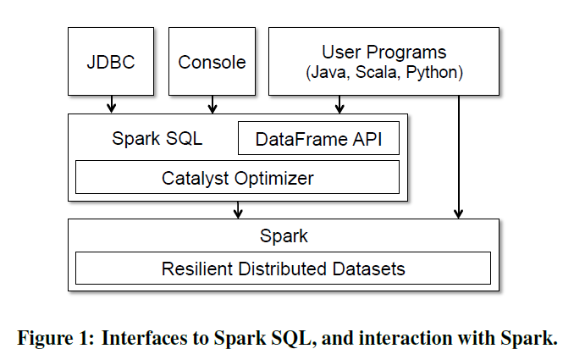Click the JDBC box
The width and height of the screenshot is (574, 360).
[x=111, y=62]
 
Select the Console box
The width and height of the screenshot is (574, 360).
[x=212, y=62]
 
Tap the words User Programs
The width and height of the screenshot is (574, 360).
[x=384, y=53]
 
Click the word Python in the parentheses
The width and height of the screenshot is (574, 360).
[x=433, y=74]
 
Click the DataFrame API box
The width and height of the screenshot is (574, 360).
[x=318, y=139]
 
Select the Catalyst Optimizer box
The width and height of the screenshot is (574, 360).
[x=237, y=178]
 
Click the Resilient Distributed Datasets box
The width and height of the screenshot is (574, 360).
[x=283, y=269]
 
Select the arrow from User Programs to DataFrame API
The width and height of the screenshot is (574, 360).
[x=339, y=104]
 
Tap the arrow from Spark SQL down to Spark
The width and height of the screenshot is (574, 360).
[x=239, y=209]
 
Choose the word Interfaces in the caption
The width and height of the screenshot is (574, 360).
[x=141, y=338]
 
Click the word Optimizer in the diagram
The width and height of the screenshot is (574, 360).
[x=273, y=178]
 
